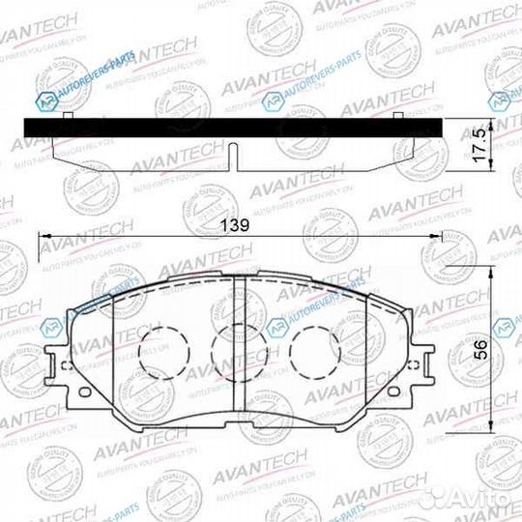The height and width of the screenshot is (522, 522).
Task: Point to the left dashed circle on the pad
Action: (x=160, y=349)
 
